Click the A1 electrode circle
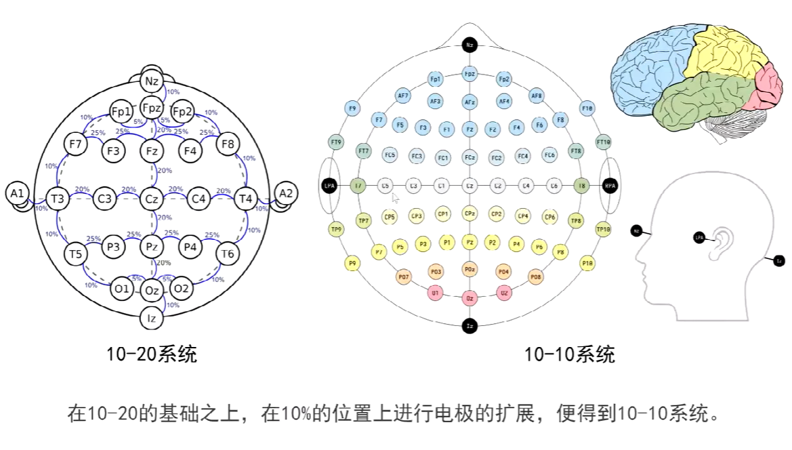click(x=17, y=194)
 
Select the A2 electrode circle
click(x=286, y=193)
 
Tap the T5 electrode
click(x=75, y=254)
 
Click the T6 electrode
click(x=228, y=254)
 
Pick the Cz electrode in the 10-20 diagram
click(x=152, y=199)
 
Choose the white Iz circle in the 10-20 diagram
click(x=152, y=316)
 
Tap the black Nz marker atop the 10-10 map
click(x=470, y=45)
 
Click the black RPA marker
click(x=610, y=185)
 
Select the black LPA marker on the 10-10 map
click(x=329, y=185)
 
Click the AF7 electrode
click(x=404, y=96)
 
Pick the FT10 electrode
click(x=603, y=142)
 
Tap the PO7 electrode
click(x=404, y=277)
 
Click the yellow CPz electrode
click(x=470, y=213)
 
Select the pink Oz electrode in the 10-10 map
click(x=470, y=298)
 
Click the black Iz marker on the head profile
click(x=779, y=260)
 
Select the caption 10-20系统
click(x=152, y=354)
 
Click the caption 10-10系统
click(x=569, y=354)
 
